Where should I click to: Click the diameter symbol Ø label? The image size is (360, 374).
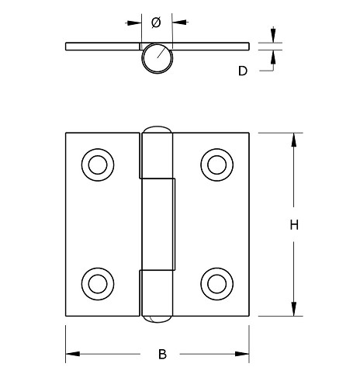coord(156,23)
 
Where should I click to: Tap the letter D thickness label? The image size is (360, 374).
coord(243,71)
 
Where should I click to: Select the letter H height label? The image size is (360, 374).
coord(294,225)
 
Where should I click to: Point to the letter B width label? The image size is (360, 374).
coord(162,355)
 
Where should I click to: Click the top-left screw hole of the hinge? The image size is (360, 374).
coord(97,164)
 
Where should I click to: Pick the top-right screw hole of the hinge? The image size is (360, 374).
coord(216,164)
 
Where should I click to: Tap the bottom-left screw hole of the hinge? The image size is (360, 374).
coord(97,282)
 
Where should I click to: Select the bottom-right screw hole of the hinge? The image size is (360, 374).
coord(216,282)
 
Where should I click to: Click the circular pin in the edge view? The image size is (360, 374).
coord(157,58)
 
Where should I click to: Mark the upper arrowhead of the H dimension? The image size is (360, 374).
coord(294,140)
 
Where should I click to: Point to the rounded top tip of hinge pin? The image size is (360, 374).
coord(157,128)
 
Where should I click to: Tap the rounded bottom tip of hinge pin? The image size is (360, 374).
coord(157,318)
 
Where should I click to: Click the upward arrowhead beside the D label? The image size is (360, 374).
coord(272,55)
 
